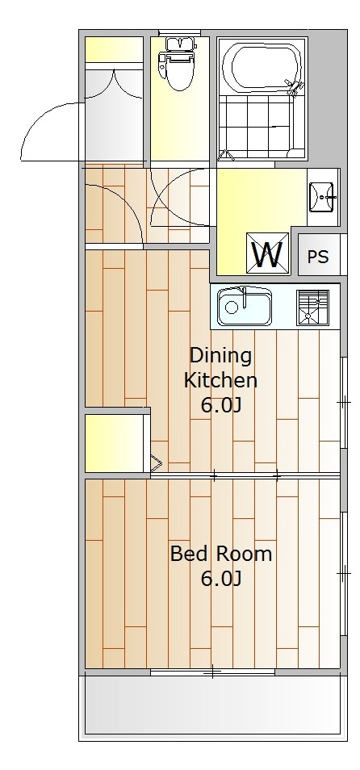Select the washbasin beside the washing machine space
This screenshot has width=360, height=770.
click(321, 197)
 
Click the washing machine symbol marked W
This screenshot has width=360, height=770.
click(268, 252)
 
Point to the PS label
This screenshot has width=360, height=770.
click(318, 257)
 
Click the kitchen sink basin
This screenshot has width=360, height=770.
click(244, 306)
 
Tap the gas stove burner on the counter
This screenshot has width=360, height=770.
click(312, 308)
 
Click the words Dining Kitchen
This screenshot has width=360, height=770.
click(220, 367)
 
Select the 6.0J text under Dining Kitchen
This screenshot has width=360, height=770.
click(220, 406)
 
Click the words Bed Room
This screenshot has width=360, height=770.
click(221, 554)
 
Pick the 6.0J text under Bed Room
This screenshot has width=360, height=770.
click(220, 580)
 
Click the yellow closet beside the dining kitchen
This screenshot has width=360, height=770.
click(117, 443)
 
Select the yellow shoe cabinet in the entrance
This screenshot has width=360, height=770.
click(114, 49)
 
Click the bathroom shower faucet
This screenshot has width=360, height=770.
click(295, 88)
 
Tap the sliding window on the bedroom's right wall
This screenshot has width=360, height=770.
click(344, 573)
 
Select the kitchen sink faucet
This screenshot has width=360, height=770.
click(244, 297)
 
